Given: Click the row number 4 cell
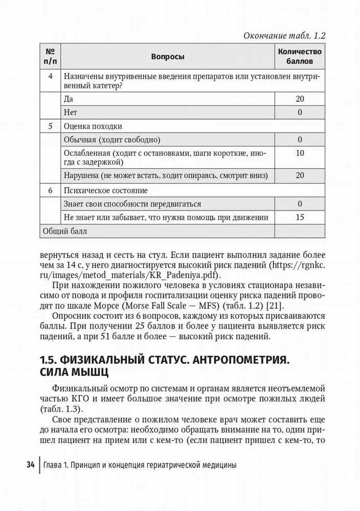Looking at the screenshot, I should pyautogui.click(x=50, y=76).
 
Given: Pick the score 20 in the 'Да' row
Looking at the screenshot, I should pyautogui.click(x=300, y=99).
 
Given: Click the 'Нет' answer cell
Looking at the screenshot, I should pyautogui.click(x=71, y=112).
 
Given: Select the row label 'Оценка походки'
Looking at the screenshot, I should pyautogui.click(x=93, y=126).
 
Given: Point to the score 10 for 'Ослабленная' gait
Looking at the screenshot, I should pyautogui.click(x=300, y=153).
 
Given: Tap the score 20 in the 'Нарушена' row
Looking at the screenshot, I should pyautogui.click(x=300, y=175).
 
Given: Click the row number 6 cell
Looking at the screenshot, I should pyautogui.click(x=50, y=191).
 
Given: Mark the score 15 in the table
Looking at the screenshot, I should pyautogui.click(x=300, y=217).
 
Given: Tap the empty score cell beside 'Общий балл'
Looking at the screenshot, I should pyautogui.click(x=300, y=231).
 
